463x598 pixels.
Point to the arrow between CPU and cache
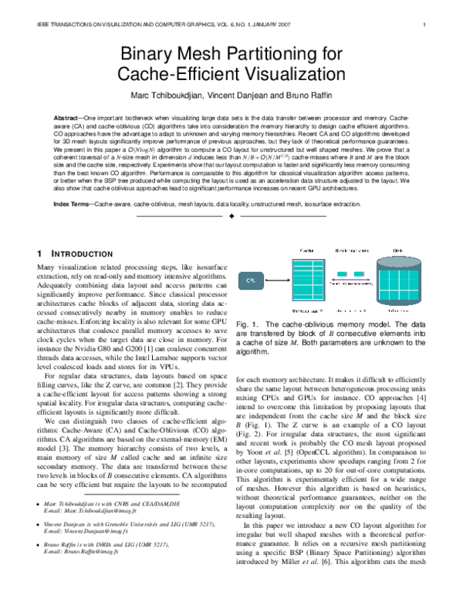[274, 282]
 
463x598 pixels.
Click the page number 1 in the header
[425, 25]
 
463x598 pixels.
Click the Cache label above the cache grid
[306, 251]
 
